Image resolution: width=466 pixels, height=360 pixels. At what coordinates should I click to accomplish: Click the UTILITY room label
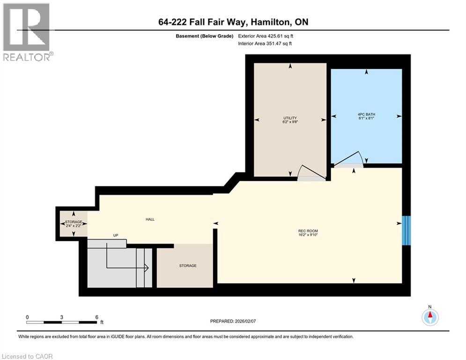tap(290, 118)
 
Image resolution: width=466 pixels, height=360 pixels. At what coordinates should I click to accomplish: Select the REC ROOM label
tap(308, 231)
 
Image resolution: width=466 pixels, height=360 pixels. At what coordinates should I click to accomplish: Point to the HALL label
tap(150, 219)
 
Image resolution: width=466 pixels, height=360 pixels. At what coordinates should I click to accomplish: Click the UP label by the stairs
tap(115, 235)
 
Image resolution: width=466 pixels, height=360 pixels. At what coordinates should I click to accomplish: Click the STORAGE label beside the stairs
tap(187, 265)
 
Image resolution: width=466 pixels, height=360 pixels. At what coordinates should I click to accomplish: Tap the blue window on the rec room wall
tap(407, 231)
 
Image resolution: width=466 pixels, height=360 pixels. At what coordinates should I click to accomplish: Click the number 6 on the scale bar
tap(96, 317)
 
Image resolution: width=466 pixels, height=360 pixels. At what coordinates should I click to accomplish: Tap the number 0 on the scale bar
tap(28, 317)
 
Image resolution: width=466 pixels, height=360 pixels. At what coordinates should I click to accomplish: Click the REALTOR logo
tap(27, 32)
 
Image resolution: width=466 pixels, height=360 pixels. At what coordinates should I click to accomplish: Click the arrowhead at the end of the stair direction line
tap(147, 268)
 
